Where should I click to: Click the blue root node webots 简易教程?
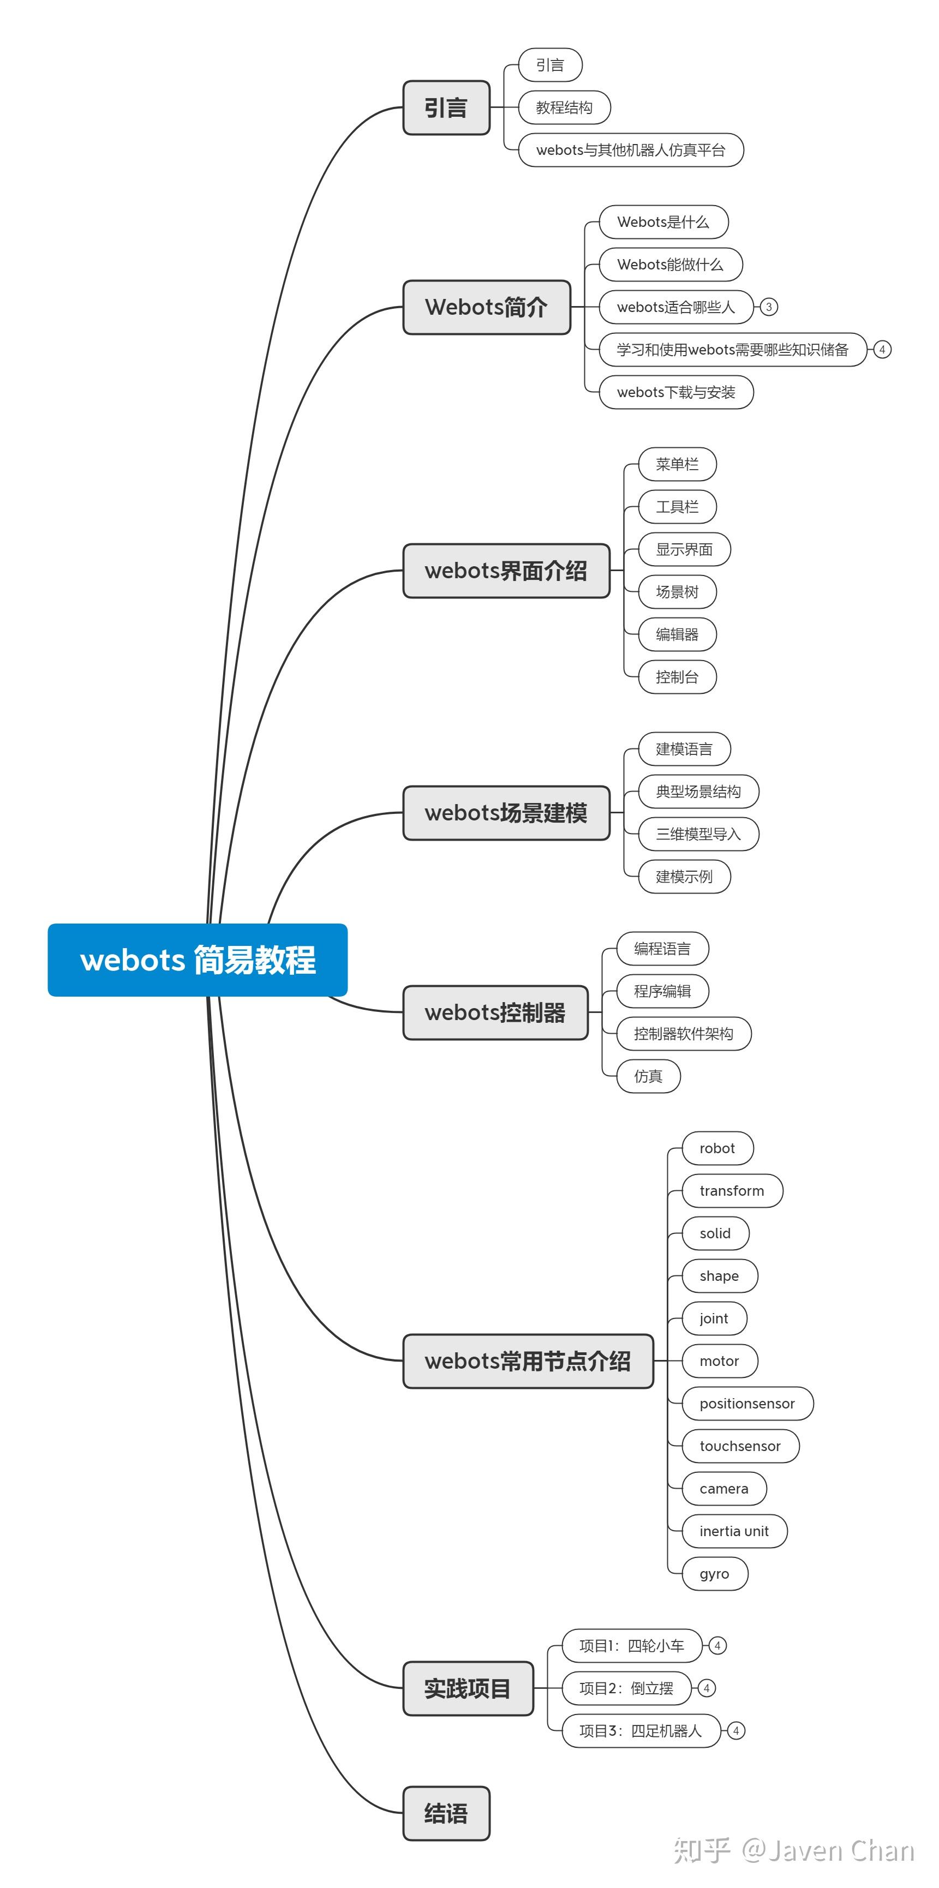[197, 960]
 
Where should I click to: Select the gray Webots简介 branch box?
[487, 307]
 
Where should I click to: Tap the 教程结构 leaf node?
[564, 108]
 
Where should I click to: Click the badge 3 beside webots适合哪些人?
[768, 307]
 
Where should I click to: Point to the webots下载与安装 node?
[676, 392]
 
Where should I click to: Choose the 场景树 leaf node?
[677, 591]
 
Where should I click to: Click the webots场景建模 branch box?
[506, 813]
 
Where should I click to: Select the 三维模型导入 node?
[698, 834]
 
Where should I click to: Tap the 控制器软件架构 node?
[683, 1033]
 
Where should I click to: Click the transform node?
[732, 1191]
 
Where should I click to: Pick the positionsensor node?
[747, 1404]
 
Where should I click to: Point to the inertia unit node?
[734, 1531]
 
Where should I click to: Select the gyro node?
[714, 1574]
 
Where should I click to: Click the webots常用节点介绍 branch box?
[528, 1361]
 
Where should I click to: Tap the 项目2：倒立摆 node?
[626, 1688]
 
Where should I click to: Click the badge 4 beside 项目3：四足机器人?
[736, 1730]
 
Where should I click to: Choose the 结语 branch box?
[446, 1813]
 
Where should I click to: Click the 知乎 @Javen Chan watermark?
[794, 1850]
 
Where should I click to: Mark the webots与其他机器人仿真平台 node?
[630, 150]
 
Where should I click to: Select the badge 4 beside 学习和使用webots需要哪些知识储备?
[882, 350]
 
